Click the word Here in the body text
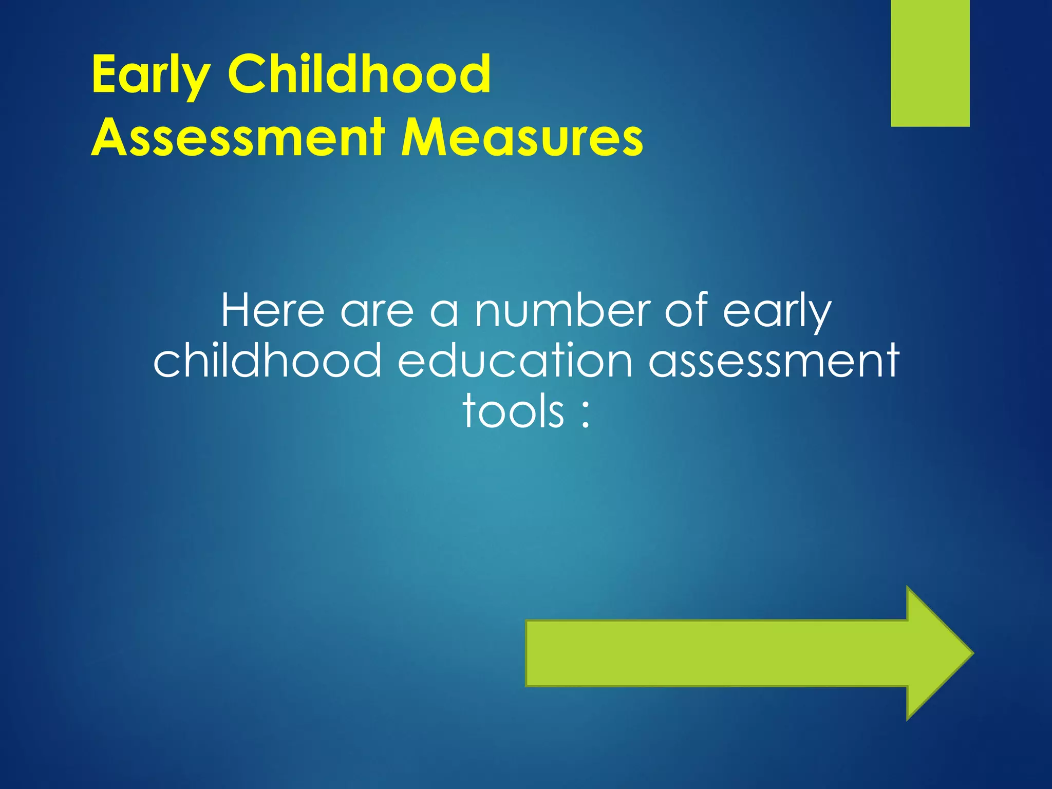[x=273, y=310]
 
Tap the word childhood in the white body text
[x=268, y=360]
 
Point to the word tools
[x=513, y=411]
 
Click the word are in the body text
[x=377, y=311]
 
